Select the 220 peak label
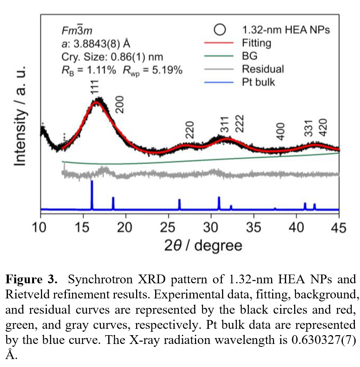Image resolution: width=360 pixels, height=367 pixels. [190, 131]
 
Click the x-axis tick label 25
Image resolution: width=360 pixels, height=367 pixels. [168, 228]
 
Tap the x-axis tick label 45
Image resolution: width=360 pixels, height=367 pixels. [339, 228]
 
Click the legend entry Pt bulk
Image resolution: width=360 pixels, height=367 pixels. [258, 82]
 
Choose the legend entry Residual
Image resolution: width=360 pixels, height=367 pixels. [263, 68]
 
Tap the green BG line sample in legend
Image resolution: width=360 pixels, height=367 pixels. [218, 56]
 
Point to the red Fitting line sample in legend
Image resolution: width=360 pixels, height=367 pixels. [218, 43]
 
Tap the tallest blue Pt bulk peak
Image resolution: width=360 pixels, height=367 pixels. [92, 194]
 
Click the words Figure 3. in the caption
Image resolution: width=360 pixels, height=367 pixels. [31, 280]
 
